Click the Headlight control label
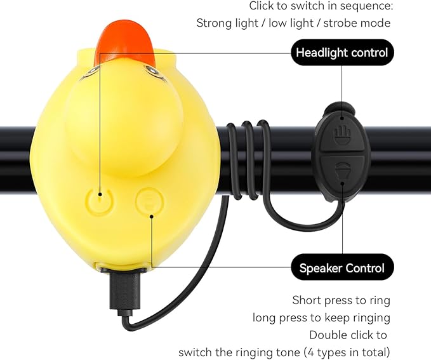(341, 52)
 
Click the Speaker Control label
(341, 268)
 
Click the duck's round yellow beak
(124, 124)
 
